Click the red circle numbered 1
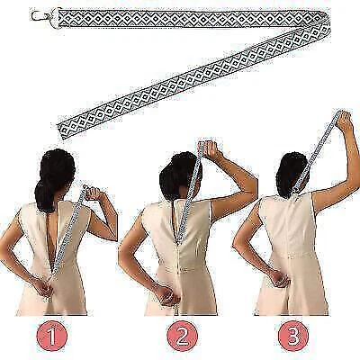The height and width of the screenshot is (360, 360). click(52, 336)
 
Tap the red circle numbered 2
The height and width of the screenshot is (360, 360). click(183, 336)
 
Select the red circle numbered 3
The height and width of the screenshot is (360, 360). click(293, 336)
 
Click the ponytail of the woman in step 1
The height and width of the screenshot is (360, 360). click(45, 192)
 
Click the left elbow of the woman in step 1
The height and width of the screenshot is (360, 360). click(6, 246)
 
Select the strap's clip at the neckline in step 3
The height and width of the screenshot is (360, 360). click(296, 190)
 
